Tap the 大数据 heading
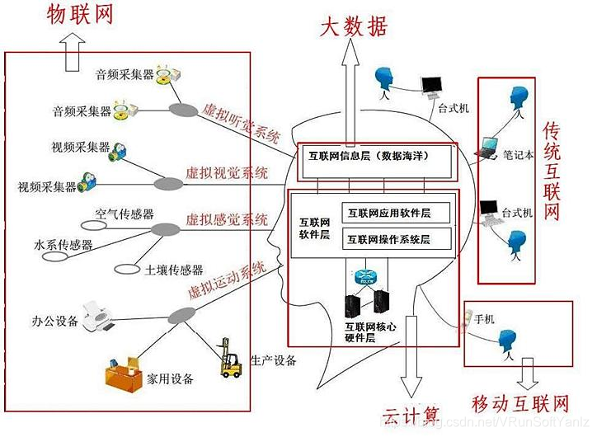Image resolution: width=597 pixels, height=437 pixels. tap(353, 27)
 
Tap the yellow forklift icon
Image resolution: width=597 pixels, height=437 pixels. tap(230, 359)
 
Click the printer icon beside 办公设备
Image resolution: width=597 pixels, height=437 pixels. tap(102, 317)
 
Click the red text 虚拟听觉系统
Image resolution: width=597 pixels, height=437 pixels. tap(240, 121)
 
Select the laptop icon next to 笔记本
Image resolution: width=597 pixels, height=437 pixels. tap(487, 148)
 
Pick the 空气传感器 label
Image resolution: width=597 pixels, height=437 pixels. tap(125, 214)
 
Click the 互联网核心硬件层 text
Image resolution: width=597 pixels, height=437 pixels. tap(369, 332)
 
